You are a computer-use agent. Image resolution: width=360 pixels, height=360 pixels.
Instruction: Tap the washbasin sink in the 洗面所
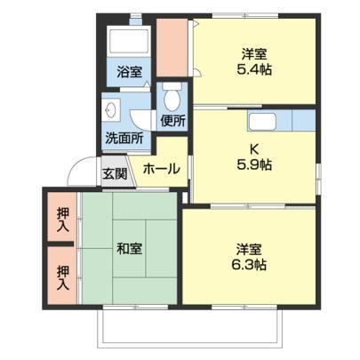[x=111, y=110]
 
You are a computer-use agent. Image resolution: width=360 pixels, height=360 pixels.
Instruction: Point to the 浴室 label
[x=129, y=72]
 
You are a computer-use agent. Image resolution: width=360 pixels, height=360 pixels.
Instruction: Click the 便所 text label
[x=173, y=121]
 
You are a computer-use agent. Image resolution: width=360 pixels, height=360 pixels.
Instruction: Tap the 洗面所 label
[x=124, y=138]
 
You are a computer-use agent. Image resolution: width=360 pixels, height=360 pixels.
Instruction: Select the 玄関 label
[x=115, y=173]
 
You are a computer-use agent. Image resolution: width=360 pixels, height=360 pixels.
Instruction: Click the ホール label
[x=161, y=169]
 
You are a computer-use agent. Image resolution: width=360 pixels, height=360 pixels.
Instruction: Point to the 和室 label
[x=129, y=248]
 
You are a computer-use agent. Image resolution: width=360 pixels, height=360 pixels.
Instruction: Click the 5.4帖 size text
[x=254, y=70]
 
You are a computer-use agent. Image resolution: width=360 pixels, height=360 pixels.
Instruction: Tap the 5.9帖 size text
[x=254, y=164]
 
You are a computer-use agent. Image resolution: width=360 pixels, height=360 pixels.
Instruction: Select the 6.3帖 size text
[x=249, y=265]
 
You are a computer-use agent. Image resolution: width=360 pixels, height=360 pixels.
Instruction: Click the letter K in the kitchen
[x=254, y=149]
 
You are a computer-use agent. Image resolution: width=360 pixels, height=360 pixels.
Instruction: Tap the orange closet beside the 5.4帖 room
[x=172, y=48]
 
